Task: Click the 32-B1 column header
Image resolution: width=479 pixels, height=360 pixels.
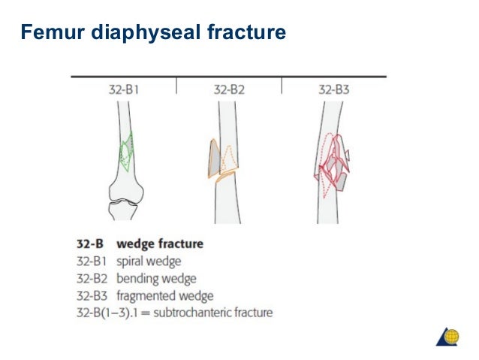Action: (x=123, y=89)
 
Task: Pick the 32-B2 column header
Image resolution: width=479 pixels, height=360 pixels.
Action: (x=229, y=89)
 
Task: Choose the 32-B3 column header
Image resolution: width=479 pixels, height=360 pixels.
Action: (x=333, y=89)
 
